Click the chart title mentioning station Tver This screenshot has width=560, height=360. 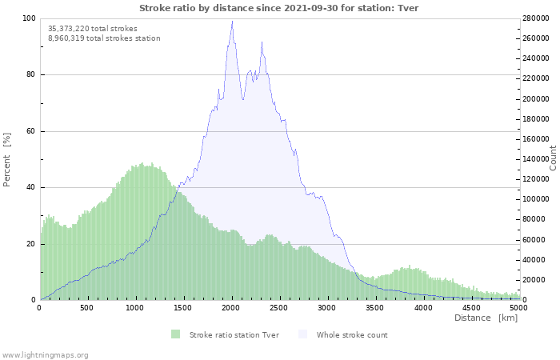278,8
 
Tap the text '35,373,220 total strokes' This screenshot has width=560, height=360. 92,28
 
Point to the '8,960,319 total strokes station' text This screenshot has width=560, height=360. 104,38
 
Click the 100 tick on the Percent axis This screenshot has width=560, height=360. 29,18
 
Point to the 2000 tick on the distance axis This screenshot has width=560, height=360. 232,307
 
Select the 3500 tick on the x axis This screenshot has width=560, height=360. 375,307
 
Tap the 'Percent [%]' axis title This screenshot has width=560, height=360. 7,159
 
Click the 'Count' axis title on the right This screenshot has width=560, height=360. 552,157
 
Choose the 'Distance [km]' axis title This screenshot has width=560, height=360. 486,318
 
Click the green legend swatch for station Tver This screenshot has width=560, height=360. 175,334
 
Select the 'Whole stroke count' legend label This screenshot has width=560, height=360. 352,334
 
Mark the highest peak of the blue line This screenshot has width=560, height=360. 232,21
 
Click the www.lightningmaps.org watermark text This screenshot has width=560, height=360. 45,354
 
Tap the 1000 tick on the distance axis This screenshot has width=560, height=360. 136,307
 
